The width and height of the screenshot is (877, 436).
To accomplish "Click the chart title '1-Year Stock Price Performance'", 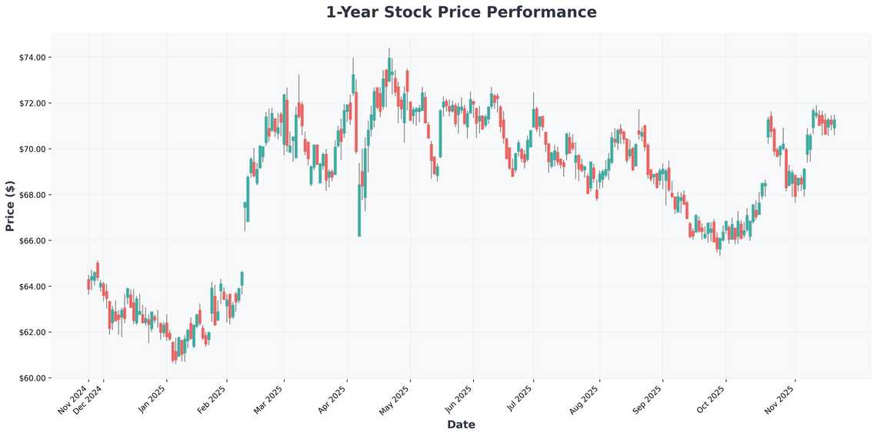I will [x=461, y=12].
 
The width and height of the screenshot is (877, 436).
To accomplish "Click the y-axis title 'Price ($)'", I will [x=10, y=206].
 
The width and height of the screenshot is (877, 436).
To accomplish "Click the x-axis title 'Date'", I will [x=461, y=424].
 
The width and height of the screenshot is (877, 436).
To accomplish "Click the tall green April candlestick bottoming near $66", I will [x=359, y=210].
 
